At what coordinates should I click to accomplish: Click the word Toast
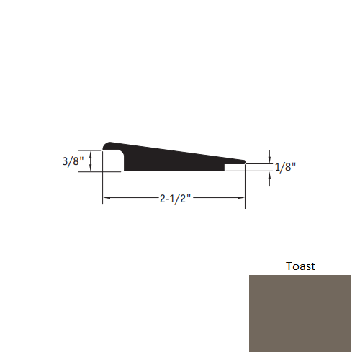[300, 266]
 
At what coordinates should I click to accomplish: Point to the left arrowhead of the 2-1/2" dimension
[106, 197]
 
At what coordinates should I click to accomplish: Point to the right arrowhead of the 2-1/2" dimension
[242, 197]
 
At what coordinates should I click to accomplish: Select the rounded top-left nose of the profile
[108, 145]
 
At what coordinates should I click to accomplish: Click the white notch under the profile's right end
[234, 168]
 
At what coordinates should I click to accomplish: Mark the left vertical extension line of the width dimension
[102, 187]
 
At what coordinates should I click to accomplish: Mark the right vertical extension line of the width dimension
[246, 187]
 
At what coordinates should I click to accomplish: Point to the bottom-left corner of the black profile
[125, 171]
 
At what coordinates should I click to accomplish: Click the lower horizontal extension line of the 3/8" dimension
[90, 171]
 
